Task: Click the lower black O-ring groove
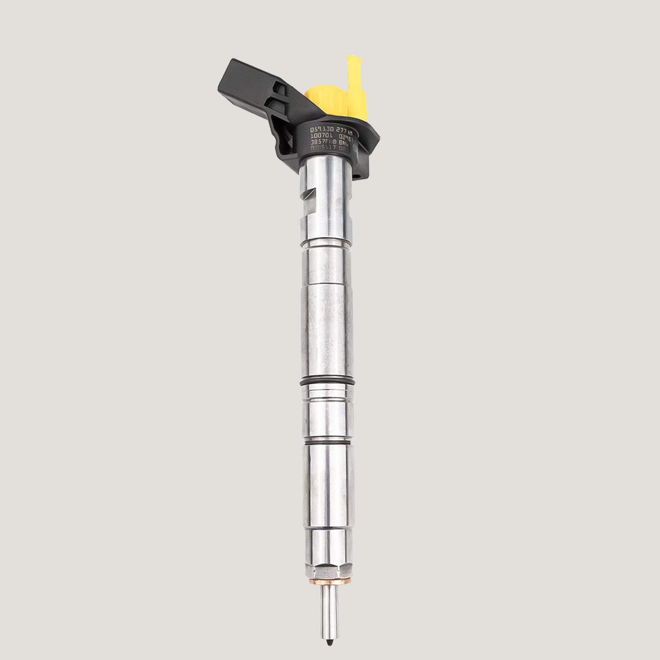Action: click(x=328, y=442)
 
